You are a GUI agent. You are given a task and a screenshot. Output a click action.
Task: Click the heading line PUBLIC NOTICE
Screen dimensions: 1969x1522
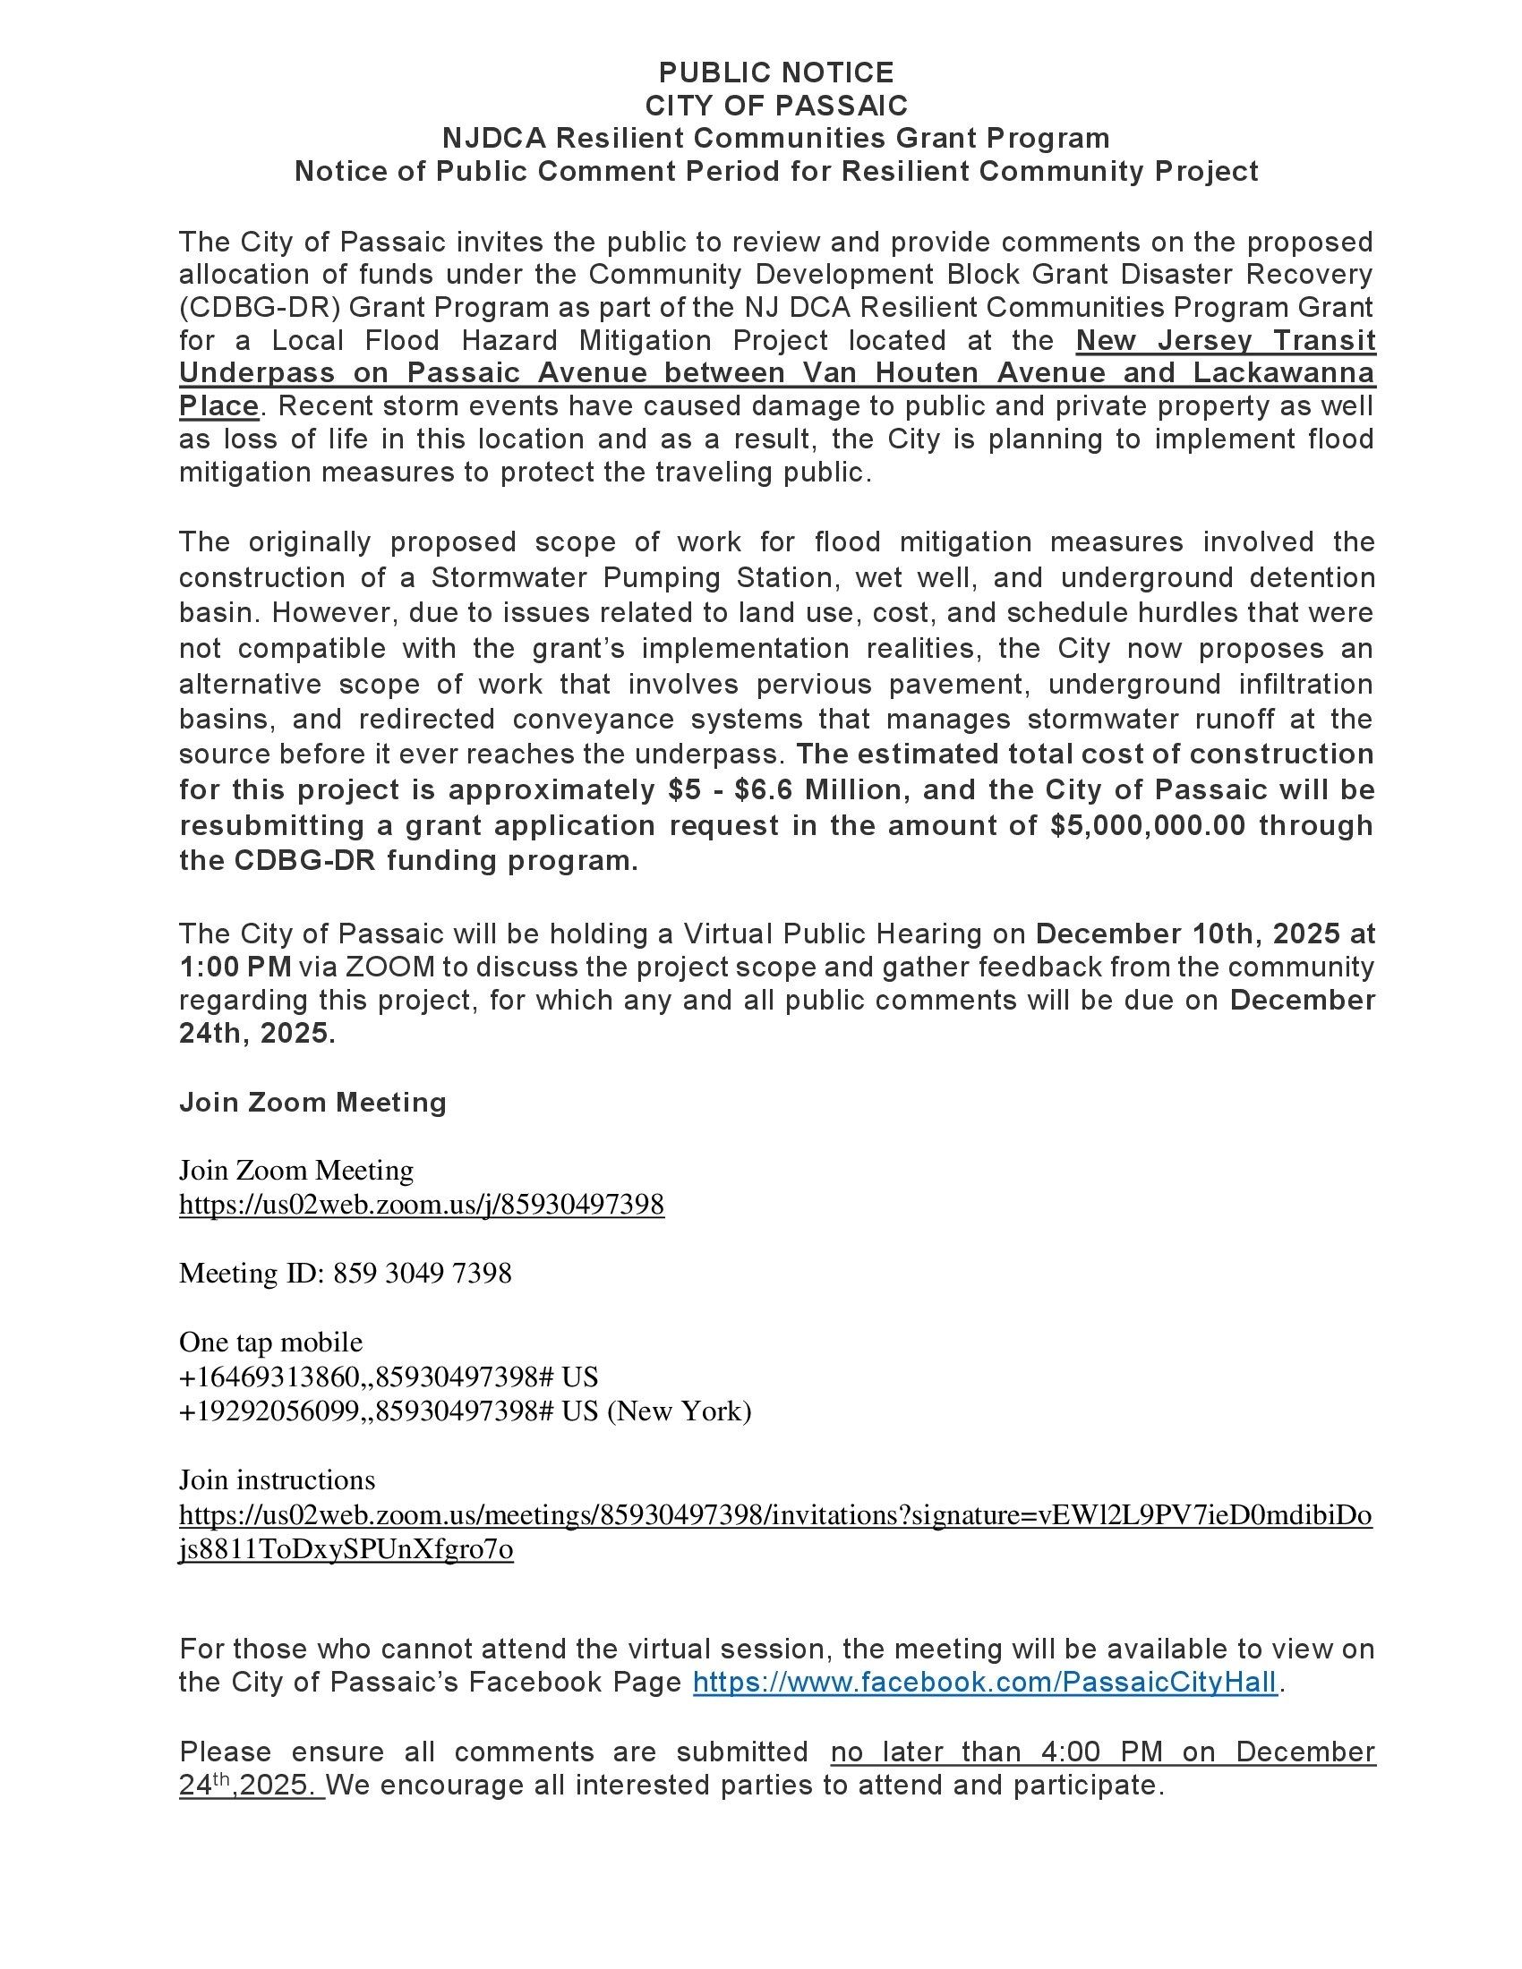[775, 72]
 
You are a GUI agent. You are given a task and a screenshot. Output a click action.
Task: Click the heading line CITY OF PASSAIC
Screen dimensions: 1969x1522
[775, 106]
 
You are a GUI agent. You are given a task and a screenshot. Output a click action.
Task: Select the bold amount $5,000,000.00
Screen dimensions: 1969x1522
[1149, 825]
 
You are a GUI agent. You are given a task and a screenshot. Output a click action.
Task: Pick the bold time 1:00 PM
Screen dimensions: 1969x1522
[235, 967]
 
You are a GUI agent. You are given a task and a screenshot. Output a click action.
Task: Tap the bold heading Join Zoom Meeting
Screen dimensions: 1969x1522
[312, 1102]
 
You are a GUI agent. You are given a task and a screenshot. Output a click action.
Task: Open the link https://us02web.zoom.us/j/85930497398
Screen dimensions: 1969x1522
[421, 1205]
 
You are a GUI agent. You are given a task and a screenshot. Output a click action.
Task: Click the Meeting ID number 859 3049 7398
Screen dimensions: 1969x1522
[422, 1273]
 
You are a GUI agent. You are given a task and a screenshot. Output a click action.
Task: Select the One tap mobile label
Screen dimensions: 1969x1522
[270, 1342]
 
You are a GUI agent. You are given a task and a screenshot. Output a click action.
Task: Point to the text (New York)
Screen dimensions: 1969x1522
[678, 1410]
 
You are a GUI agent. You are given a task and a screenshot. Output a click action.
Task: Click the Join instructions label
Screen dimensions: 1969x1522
[277, 1479]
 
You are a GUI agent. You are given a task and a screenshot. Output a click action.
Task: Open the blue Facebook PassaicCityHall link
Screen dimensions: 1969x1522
[985, 1682]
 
